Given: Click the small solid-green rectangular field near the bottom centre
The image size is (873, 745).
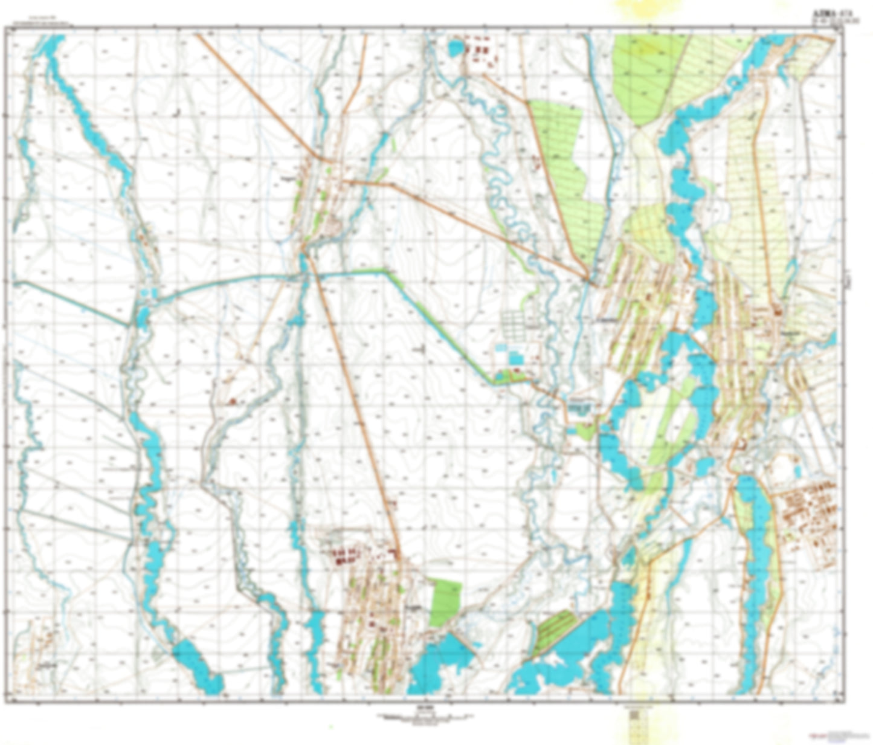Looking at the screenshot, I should pos(446,602).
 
